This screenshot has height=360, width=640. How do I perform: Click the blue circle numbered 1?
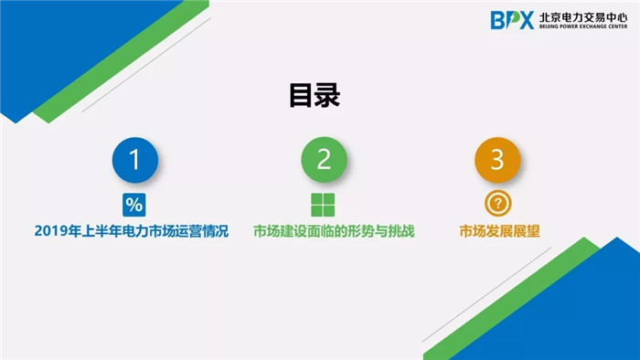click(x=135, y=161)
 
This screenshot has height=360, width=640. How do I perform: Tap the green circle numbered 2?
click(x=324, y=161)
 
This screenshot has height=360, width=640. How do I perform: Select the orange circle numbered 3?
click(x=497, y=161)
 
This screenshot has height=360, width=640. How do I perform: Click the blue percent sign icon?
click(x=134, y=203)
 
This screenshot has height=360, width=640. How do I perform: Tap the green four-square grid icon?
click(x=323, y=204)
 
